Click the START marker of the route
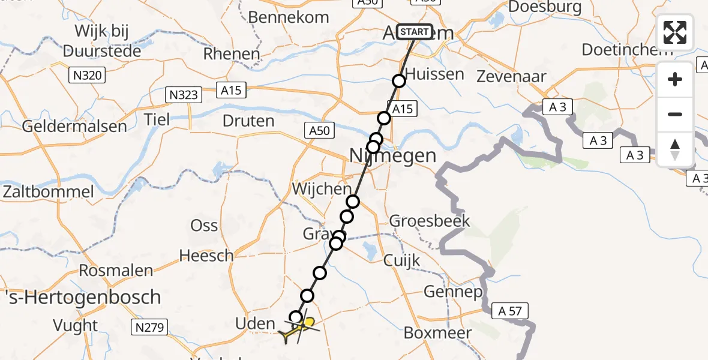point(414,32)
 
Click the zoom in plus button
point(675,79)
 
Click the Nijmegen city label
point(392,156)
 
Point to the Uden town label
point(255,324)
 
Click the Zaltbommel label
point(49,192)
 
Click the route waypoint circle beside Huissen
point(399,81)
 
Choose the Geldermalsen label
point(75,127)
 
